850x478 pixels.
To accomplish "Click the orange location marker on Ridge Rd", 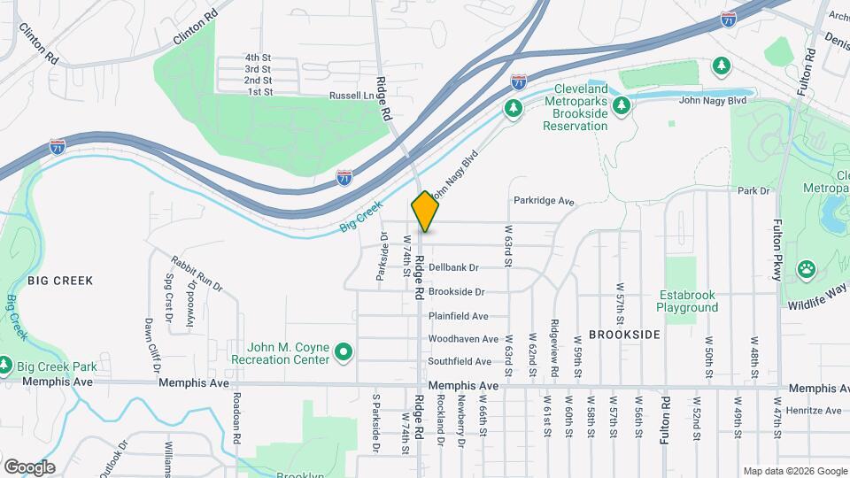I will pyautogui.click(x=426, y=212).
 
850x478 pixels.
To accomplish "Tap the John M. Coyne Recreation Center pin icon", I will pyautogui.click(x=344, y=353).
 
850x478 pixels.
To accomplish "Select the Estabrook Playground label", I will pyautogui.click(x=687, y=301).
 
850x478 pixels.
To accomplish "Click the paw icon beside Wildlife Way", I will pyautogui.click(x=807, y=268).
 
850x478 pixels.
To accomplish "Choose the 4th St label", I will pyautogui.click(x=259, y=58).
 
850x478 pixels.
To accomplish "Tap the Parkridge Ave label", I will pyautogui.click(x=544, y=202).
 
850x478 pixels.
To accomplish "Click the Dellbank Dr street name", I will pyautogui.click(x=452, y=267).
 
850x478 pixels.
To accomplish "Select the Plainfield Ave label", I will pyautogui.click(x=458, y=316).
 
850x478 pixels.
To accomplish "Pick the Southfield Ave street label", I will pyautogui.click(x=459, y=362).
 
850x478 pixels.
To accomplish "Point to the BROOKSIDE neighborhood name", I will pyautogui.click(x=624, y=335).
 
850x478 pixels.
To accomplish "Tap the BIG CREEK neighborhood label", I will pyautogui.click(x=60, y=281).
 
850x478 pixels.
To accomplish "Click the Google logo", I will pyautogui.click(x=29, y=467).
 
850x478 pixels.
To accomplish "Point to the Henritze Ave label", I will pyautogui.click(x=815, y=411).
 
